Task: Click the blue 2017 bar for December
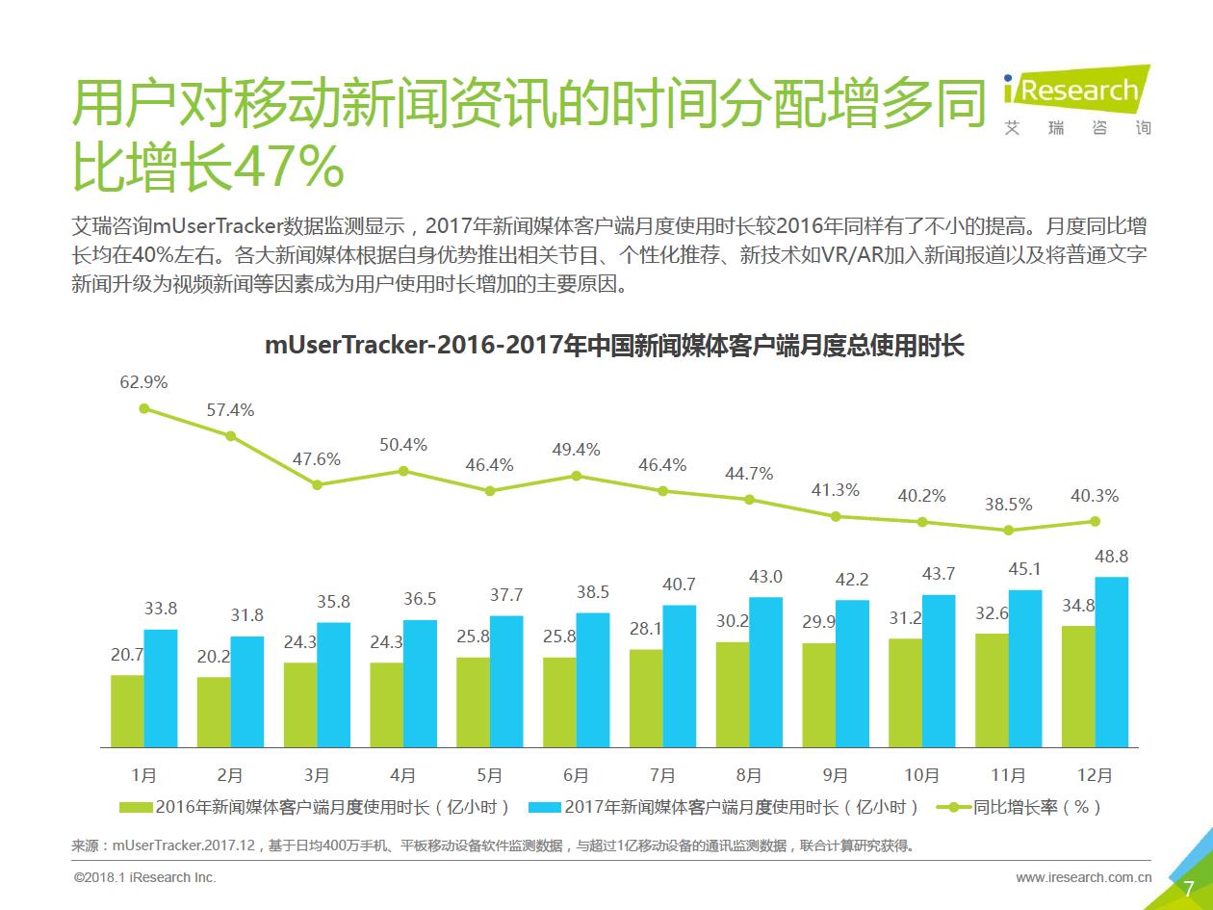[x=1112, y=662]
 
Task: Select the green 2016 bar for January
[x=127, y=711]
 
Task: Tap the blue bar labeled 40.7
[x=680, y=675]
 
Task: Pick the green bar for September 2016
[x=818, y=694]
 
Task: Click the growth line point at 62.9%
[x=144, y=408]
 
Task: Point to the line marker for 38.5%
[x=1009, y=530]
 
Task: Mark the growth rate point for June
[x=576, y=476]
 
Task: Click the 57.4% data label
[x=230, y=410]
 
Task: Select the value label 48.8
[x=1112, y=557]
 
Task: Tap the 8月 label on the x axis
[x=748, y=775]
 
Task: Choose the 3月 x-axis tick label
[x=316, y=775]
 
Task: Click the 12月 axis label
[x=1095, y=775]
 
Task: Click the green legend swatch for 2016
[x=136, y=807]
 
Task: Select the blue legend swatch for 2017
[x=546, y=807]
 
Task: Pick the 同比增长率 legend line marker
[x=954, y=807]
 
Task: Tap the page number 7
[x=1188, y=888]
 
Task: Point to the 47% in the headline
[x=290, y=168]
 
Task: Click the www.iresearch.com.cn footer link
[x=1084, y=877]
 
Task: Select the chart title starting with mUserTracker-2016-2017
[x=614, y=346]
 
